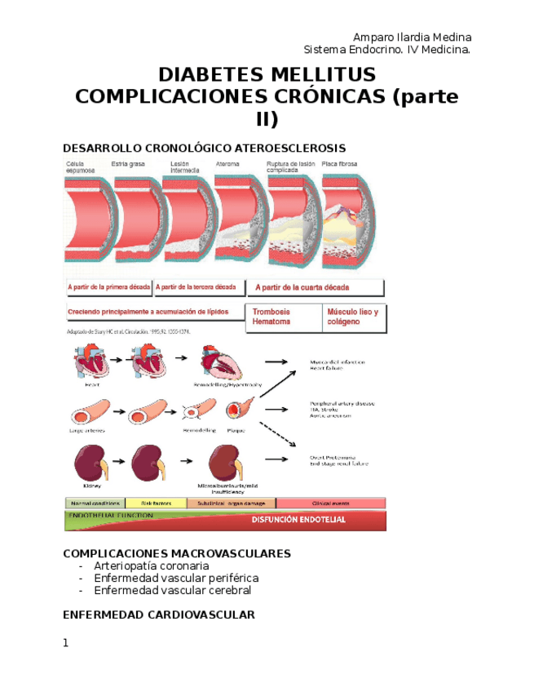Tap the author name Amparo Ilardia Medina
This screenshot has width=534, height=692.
412,38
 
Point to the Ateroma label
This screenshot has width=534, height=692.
227,164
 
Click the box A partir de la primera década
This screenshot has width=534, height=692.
107,288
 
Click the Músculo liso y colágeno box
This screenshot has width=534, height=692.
353,317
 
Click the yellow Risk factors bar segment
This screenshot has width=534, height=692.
155,503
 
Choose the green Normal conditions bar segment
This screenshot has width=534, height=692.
95,503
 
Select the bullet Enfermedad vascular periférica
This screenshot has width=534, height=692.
176,578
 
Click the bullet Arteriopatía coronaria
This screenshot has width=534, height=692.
152,566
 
